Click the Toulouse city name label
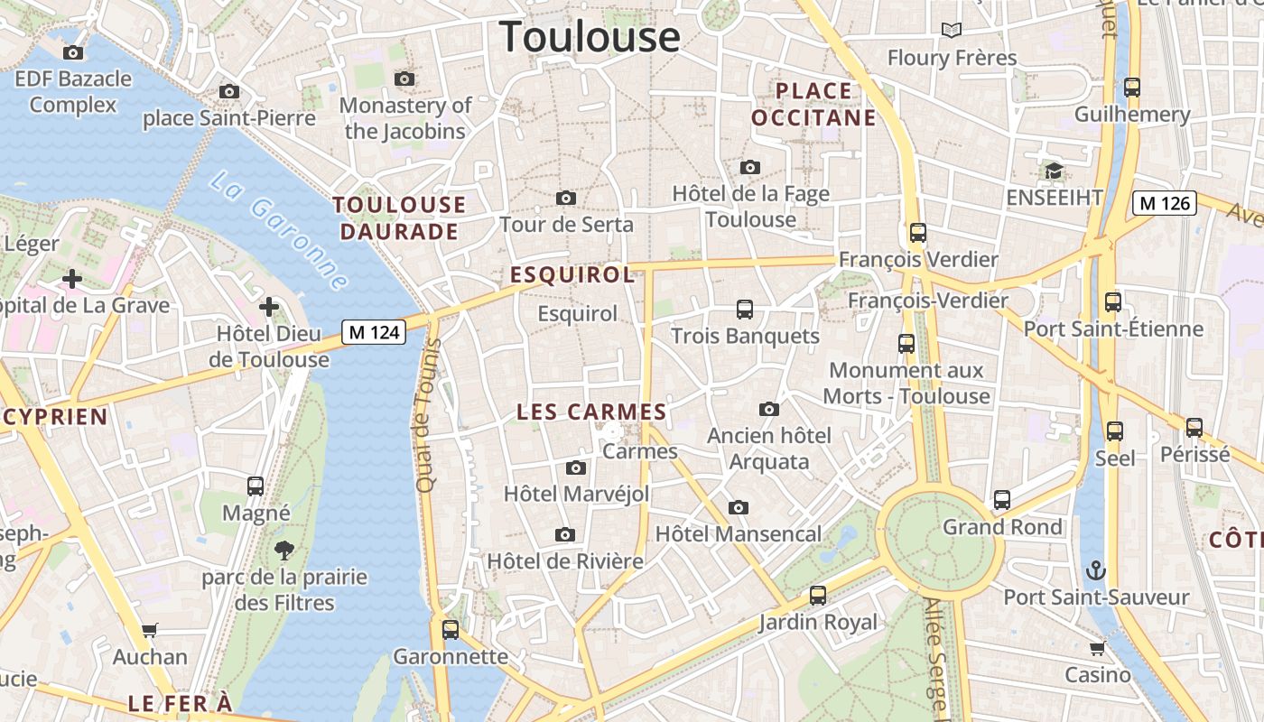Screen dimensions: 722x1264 590,37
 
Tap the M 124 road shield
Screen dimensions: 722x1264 374,332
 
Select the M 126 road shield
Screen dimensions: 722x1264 1165,203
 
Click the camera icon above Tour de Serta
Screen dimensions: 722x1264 566,198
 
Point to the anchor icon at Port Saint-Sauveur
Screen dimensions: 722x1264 1095,570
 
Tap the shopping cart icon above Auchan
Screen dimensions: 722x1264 150,630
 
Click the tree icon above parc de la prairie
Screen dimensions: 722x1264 284,550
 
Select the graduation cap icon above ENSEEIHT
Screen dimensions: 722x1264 1053,171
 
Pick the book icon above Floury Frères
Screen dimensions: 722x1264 951,30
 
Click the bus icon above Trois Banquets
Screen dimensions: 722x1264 745,310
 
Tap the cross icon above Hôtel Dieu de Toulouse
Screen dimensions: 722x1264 269,307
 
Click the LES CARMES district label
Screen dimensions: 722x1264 591,412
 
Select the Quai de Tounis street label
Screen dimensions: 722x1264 425,415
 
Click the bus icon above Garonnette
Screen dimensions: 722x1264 451,629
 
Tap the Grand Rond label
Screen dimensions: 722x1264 1002,526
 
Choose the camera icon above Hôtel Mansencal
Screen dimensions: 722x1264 739,507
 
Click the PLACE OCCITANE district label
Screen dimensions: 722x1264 813,104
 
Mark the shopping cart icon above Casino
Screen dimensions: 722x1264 1098,648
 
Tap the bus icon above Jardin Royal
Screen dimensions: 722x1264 818,596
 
